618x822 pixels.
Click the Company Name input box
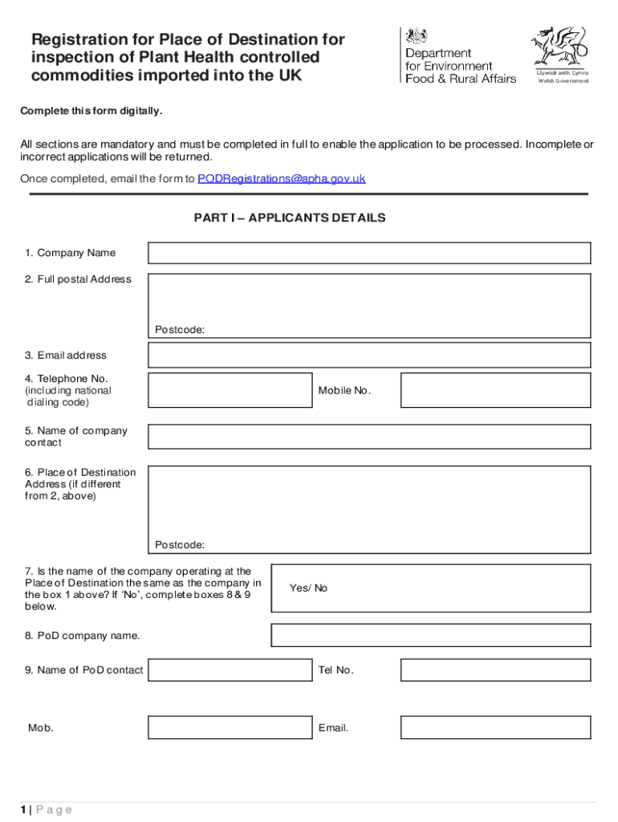click(369, 253)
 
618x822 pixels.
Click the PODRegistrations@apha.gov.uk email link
click(282, 178)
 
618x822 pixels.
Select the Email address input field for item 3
click(369, 355)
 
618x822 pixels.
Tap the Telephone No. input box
click(230, 390)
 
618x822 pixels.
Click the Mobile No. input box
click(495, 390)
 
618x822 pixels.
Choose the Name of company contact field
click(369, 437)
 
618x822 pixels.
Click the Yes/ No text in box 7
click(309, 588)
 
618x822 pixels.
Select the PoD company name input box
click(431, 635)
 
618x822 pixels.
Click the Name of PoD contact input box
click(230, 669)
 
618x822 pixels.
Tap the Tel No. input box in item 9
click(495, 669)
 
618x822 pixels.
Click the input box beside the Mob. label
click(230, 727)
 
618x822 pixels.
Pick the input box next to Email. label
click(495, 727)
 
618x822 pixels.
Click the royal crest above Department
click(416, 36)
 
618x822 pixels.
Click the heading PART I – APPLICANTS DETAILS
click(290, 218)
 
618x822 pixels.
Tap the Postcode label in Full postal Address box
click(180, 329)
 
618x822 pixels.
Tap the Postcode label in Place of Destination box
click(180, 545)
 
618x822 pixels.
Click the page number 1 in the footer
click(25, 809)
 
